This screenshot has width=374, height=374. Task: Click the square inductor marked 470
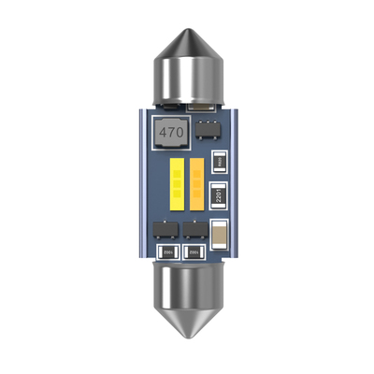coord(171,134)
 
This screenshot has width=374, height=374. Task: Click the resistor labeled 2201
coord(217,196)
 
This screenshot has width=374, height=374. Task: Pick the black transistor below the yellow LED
coord(165,229)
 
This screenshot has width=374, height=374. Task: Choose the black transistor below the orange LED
coord(196,229)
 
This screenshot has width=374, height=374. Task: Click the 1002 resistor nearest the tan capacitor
coord(196,252)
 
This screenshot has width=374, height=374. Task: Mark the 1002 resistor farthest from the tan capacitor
coord(167,252)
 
